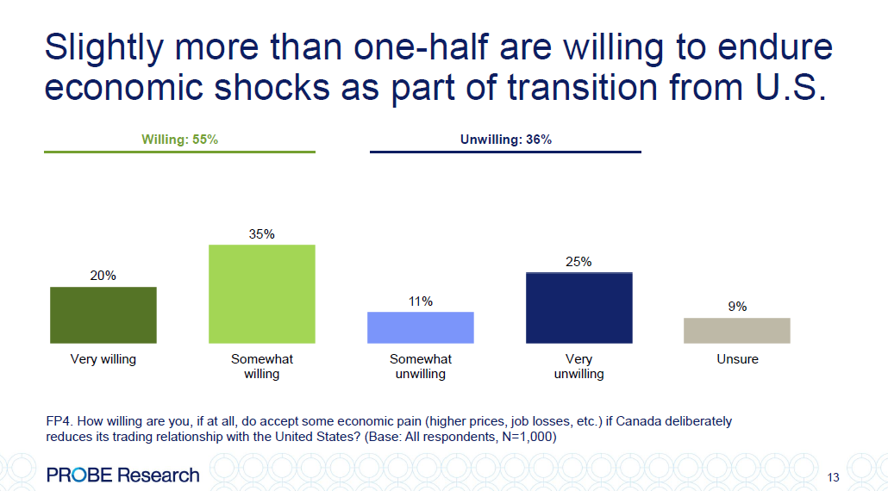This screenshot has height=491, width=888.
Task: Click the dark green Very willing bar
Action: (x=103, y=315)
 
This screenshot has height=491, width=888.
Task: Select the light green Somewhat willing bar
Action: (x=262, y=295)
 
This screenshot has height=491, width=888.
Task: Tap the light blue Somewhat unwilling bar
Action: (x=421, y=327)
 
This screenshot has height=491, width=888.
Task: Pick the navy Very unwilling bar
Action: (x=578, y=308)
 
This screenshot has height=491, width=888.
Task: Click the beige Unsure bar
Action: (x=737, y=331)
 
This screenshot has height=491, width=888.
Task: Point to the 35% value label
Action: (x=262, y=234)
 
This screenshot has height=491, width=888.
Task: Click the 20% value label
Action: (x=103, y=276)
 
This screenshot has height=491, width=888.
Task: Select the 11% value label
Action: (x=421, y=301)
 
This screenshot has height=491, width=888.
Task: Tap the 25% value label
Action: (x=578, y=262)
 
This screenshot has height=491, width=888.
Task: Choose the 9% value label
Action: (x=737, y=307)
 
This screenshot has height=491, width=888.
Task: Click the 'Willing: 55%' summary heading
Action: (x=179, y=140)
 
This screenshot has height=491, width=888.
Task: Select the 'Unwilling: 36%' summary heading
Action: (x=505, y=140)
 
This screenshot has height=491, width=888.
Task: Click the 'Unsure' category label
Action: (x=737, y=359)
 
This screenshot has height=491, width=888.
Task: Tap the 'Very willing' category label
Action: (x=103, y=359)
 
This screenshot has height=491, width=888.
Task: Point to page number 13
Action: (x=833, y=477)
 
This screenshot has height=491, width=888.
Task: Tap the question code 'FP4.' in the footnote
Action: (x=59, y=421)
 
